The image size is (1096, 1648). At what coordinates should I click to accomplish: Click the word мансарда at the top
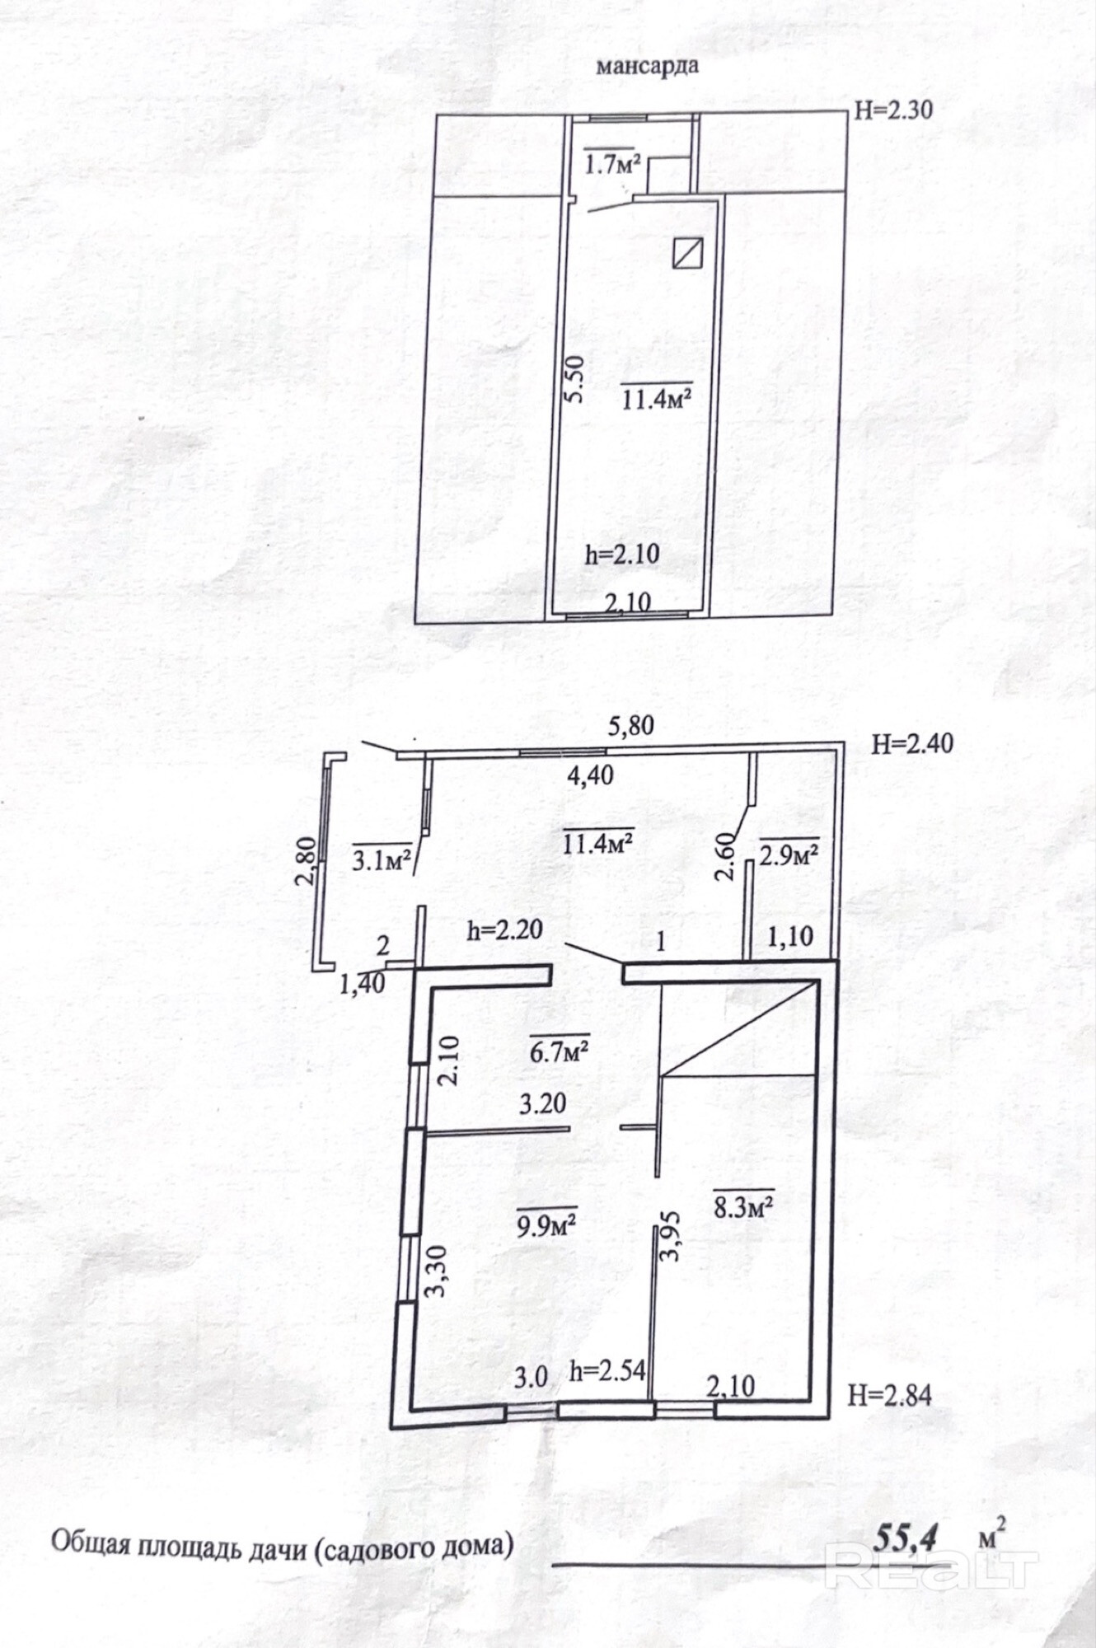pyautogui.click(x=647, y=66)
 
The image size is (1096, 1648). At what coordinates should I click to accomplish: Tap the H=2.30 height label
pyautogui.click(x=893, y=109)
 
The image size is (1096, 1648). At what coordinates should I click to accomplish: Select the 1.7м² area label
pyautogui.click(x=612, y=164)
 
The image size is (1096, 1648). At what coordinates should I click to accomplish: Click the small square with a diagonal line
pyautogui.click(x=687, y=252)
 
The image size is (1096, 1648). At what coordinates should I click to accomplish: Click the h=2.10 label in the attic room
pyautogui.click(x=622, y=554)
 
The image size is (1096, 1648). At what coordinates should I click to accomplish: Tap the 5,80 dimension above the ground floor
pyautogui.click(x=630, y=725)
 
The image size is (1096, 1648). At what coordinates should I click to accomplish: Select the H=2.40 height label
pyautogui.click(x=912, y=743)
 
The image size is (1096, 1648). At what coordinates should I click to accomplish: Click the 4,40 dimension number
pyautogui.click(x=590, y=775)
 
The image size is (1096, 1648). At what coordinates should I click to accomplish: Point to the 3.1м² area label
pyautogui.click(x=382, y=862)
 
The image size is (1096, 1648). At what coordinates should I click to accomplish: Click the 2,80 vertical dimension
pyautogui.click(x=306, y=861)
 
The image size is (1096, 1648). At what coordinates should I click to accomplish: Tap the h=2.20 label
pyautogui.click(x=504, y=929)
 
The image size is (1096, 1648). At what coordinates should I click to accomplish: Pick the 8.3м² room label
pyautogui.click(x=742, y=1207)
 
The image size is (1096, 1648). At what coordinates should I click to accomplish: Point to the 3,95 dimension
pyautogui.click(x=670, y=1236)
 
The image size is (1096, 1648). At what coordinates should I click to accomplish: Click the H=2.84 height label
pyautogui.click(x=890, y=1395)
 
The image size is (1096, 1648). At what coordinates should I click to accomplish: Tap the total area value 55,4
pyautogui.click(x=905, y=1537)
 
